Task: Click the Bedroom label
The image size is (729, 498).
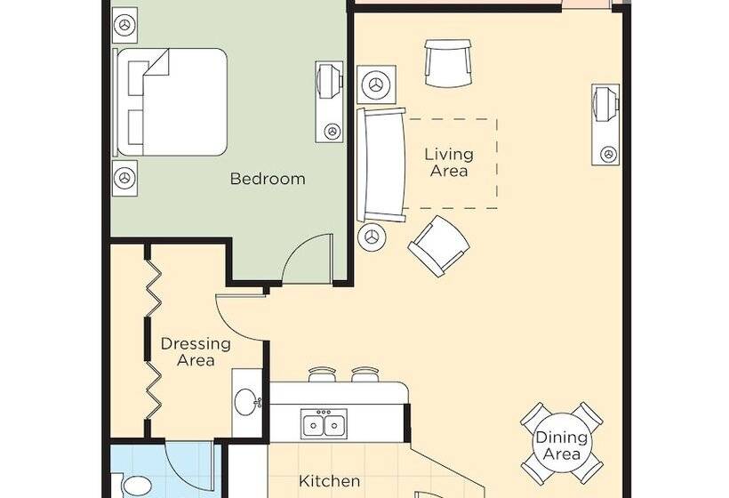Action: (268, 179)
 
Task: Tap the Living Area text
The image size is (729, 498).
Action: (449, 162)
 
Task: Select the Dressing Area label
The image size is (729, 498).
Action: (196, 352)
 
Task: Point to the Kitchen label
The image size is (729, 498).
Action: (329, 481)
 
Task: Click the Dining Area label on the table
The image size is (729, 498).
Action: (562, 445)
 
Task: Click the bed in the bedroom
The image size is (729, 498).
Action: (170, 102)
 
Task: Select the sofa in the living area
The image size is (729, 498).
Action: (381, 165)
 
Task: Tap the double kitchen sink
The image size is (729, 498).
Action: (324, 423)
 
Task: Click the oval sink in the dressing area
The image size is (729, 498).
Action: (245, 402)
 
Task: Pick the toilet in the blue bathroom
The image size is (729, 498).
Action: (135, 486)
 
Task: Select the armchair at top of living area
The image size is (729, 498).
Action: (448, 63)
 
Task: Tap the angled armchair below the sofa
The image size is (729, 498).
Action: (438, 246)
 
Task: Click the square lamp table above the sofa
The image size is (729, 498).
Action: (377, 84)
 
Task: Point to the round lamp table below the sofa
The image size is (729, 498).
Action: (372, 237)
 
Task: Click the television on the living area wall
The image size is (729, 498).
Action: (605, 124)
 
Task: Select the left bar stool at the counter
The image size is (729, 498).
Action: (322, 374)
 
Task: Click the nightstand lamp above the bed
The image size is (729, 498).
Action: (124, 25)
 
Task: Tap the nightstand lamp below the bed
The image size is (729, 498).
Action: (124, 178)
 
